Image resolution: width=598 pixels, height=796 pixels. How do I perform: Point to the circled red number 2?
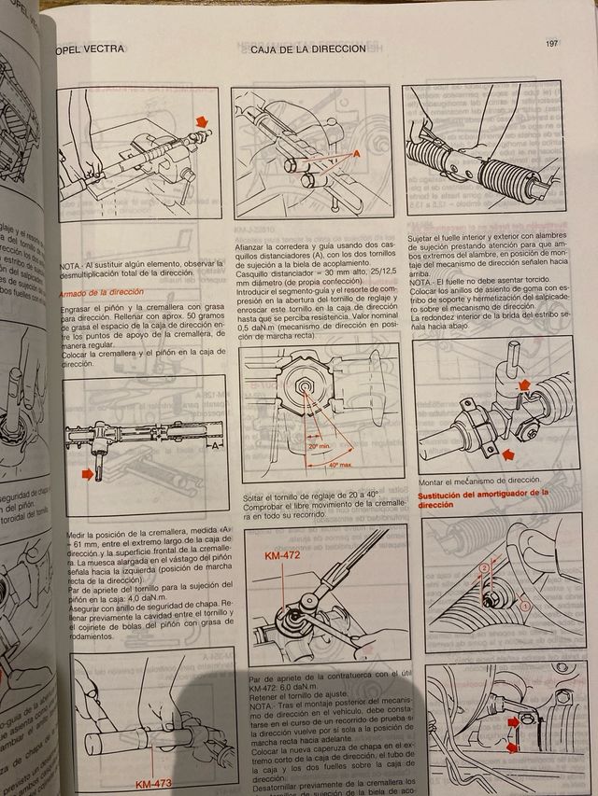click(484, 567)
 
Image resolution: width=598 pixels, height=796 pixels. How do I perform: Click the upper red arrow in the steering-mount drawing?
click(524, 383)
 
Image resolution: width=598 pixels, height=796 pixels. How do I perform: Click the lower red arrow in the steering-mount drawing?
click(508, 454)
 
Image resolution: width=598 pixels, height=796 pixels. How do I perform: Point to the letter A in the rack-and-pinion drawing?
click(216, 445)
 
